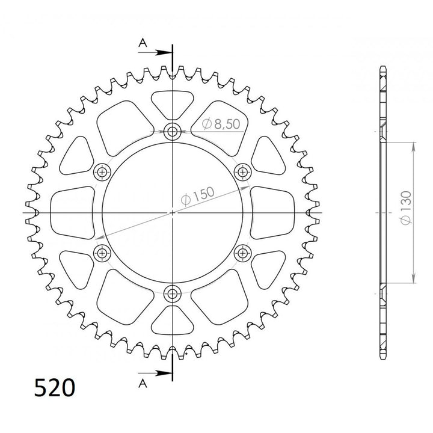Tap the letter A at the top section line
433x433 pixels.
point(142,41)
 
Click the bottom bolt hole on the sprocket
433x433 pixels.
point(173,294)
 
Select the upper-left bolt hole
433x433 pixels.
point(102,172)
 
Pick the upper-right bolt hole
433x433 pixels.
point(244,172)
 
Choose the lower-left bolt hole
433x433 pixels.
point(102,253)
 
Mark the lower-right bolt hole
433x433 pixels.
point(244,253)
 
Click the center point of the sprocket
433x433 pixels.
point(173,212)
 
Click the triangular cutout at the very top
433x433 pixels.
point(173,102)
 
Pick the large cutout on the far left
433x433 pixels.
point(72,212)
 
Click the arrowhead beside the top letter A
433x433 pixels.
point(165,52)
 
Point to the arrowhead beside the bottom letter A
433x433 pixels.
point(165,373)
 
